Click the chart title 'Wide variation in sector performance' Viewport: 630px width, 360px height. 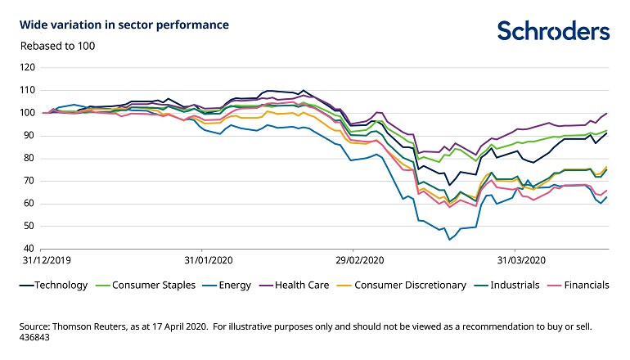pyautogui.click(x=124, y=25)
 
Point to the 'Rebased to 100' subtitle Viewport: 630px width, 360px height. pyautogui.click(x=57, y=46)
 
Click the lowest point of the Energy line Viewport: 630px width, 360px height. pyautogui.click(x=449, y=240)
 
